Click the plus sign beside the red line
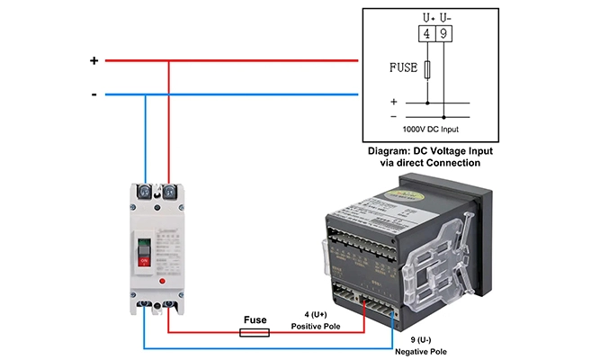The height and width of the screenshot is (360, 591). pos(94,61)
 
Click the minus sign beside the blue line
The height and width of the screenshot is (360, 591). pos(94,94)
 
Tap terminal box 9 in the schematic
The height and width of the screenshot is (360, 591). pos(444,34)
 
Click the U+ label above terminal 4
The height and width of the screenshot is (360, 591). pos(427,17)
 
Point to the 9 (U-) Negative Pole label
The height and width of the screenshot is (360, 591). pos(416,346)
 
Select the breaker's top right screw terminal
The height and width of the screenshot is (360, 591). pos(168,192)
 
